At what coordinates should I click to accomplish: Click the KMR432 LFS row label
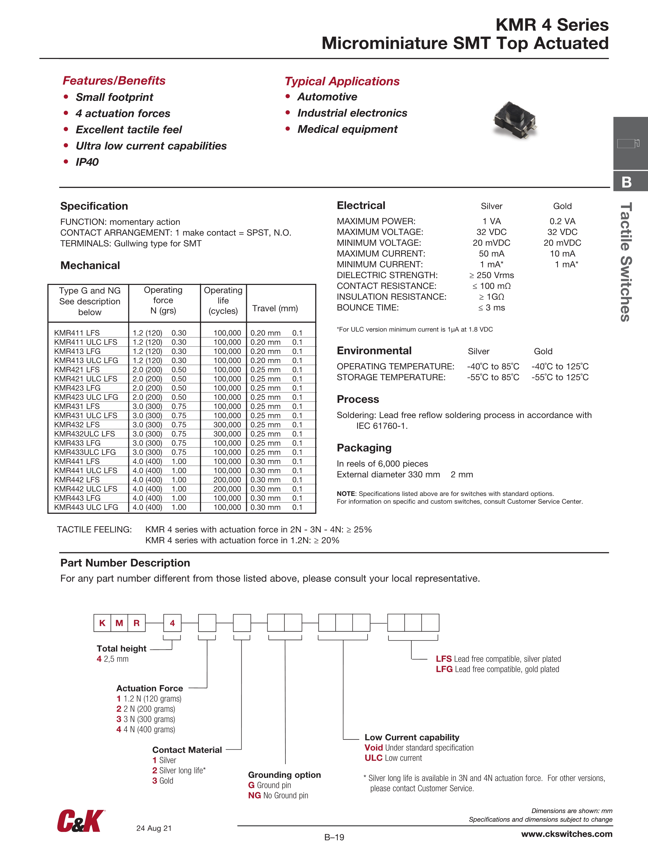pyautogui.click(x=77, y=424)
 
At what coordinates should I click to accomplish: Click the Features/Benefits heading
pyautogui.click(x=114, y=80)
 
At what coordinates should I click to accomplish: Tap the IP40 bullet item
pyautogui.click(x=87, y=162)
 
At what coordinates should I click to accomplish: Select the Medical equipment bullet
pyautogui.click(x=347, y=129)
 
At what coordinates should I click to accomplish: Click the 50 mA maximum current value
pyautogui.click(x=491, y=253)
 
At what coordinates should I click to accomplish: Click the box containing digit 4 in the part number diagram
pyautogui.click(x=172, y=623)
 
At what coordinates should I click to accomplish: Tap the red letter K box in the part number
pyautogui.click(x=102, y=623)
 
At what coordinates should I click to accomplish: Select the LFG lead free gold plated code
pyautogui.click(x=497, y=669)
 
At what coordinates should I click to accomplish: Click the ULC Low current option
pyautogui.click(x=393, y=758)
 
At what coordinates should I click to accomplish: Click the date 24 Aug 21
pyautogui.click(x=154, y=828)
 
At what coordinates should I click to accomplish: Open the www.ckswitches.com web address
pyautogui.click(x=567, y=834)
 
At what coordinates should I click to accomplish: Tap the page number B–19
pyautogui.click(x=334, y=837)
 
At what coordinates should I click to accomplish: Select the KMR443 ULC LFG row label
pyautogui.click(x=86, y=507)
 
